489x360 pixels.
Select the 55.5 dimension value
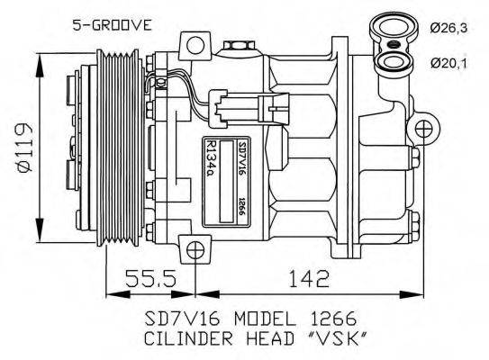[149, 280]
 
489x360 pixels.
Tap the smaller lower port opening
[394, 61]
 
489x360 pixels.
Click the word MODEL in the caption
[264, 319]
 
